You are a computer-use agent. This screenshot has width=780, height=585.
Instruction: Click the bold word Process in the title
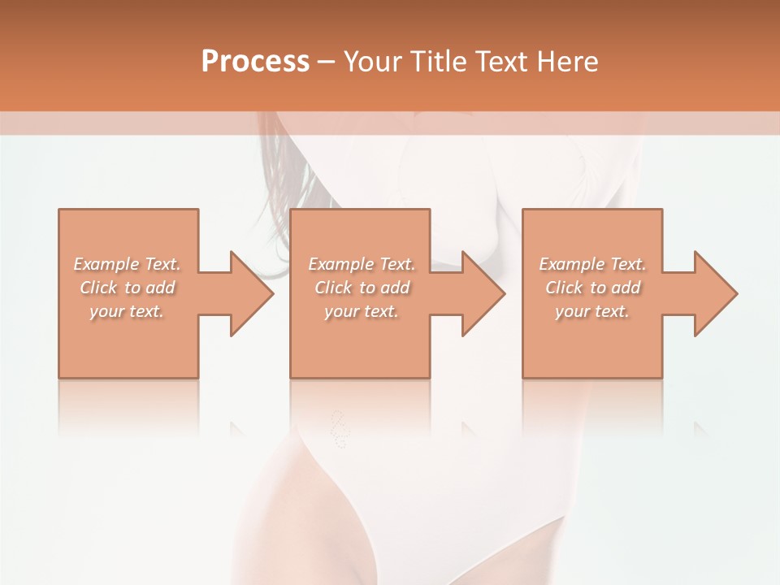pyautogui.click(x=255, y=62)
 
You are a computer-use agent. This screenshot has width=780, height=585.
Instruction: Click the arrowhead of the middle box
pyautogui.click(x=483, y=293)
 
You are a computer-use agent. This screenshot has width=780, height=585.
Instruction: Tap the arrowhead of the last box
pyautogui.click(x=715, y=293)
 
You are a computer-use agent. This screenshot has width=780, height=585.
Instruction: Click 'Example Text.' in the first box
pyautogui.click(x=127, y=264)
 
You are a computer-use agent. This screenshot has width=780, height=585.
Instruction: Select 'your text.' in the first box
pyautogui.click(x=127, y=311)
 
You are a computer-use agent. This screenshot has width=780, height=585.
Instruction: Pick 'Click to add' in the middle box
pyautogui.click(x=362, y=288)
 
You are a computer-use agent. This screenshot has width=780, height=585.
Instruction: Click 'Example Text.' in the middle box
pyautogui.click(x=362, y=264)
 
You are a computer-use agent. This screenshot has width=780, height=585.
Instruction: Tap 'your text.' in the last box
pyautogui.click(x=592, y=311)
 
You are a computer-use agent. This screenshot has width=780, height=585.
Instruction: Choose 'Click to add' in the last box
pyautogui.click(x=592, y=288)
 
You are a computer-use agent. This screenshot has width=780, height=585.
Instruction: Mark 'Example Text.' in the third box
pyautogui.click(x=592, y=264)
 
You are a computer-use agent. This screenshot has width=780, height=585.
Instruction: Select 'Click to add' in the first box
pyautogui.click(x=127, y=288)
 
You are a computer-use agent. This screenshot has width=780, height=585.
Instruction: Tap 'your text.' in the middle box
pyautogui.click(x=362, y=311)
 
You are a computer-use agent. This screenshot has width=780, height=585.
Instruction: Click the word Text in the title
pyautogui.click(x=500, y=62)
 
